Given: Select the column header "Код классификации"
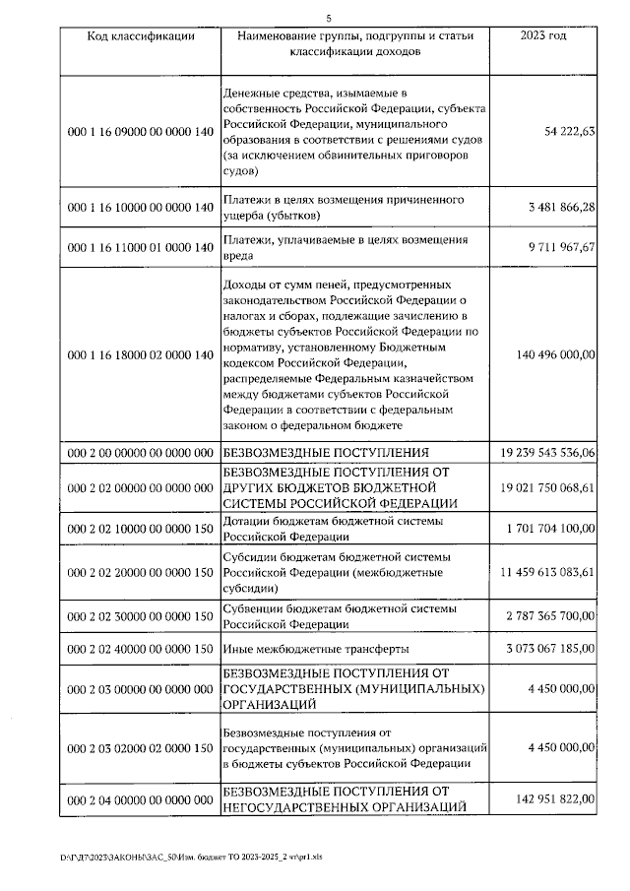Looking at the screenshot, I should coord(140,36).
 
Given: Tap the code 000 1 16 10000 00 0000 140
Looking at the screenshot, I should coord(140,208).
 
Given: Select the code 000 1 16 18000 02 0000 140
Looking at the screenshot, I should coord(140,354).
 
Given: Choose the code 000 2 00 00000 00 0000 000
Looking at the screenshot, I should coord(140,453).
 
